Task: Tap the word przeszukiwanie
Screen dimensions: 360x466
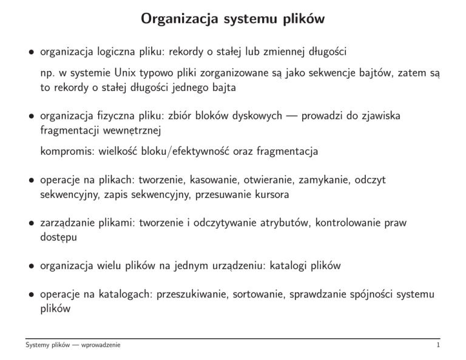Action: [x=191, y=294]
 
